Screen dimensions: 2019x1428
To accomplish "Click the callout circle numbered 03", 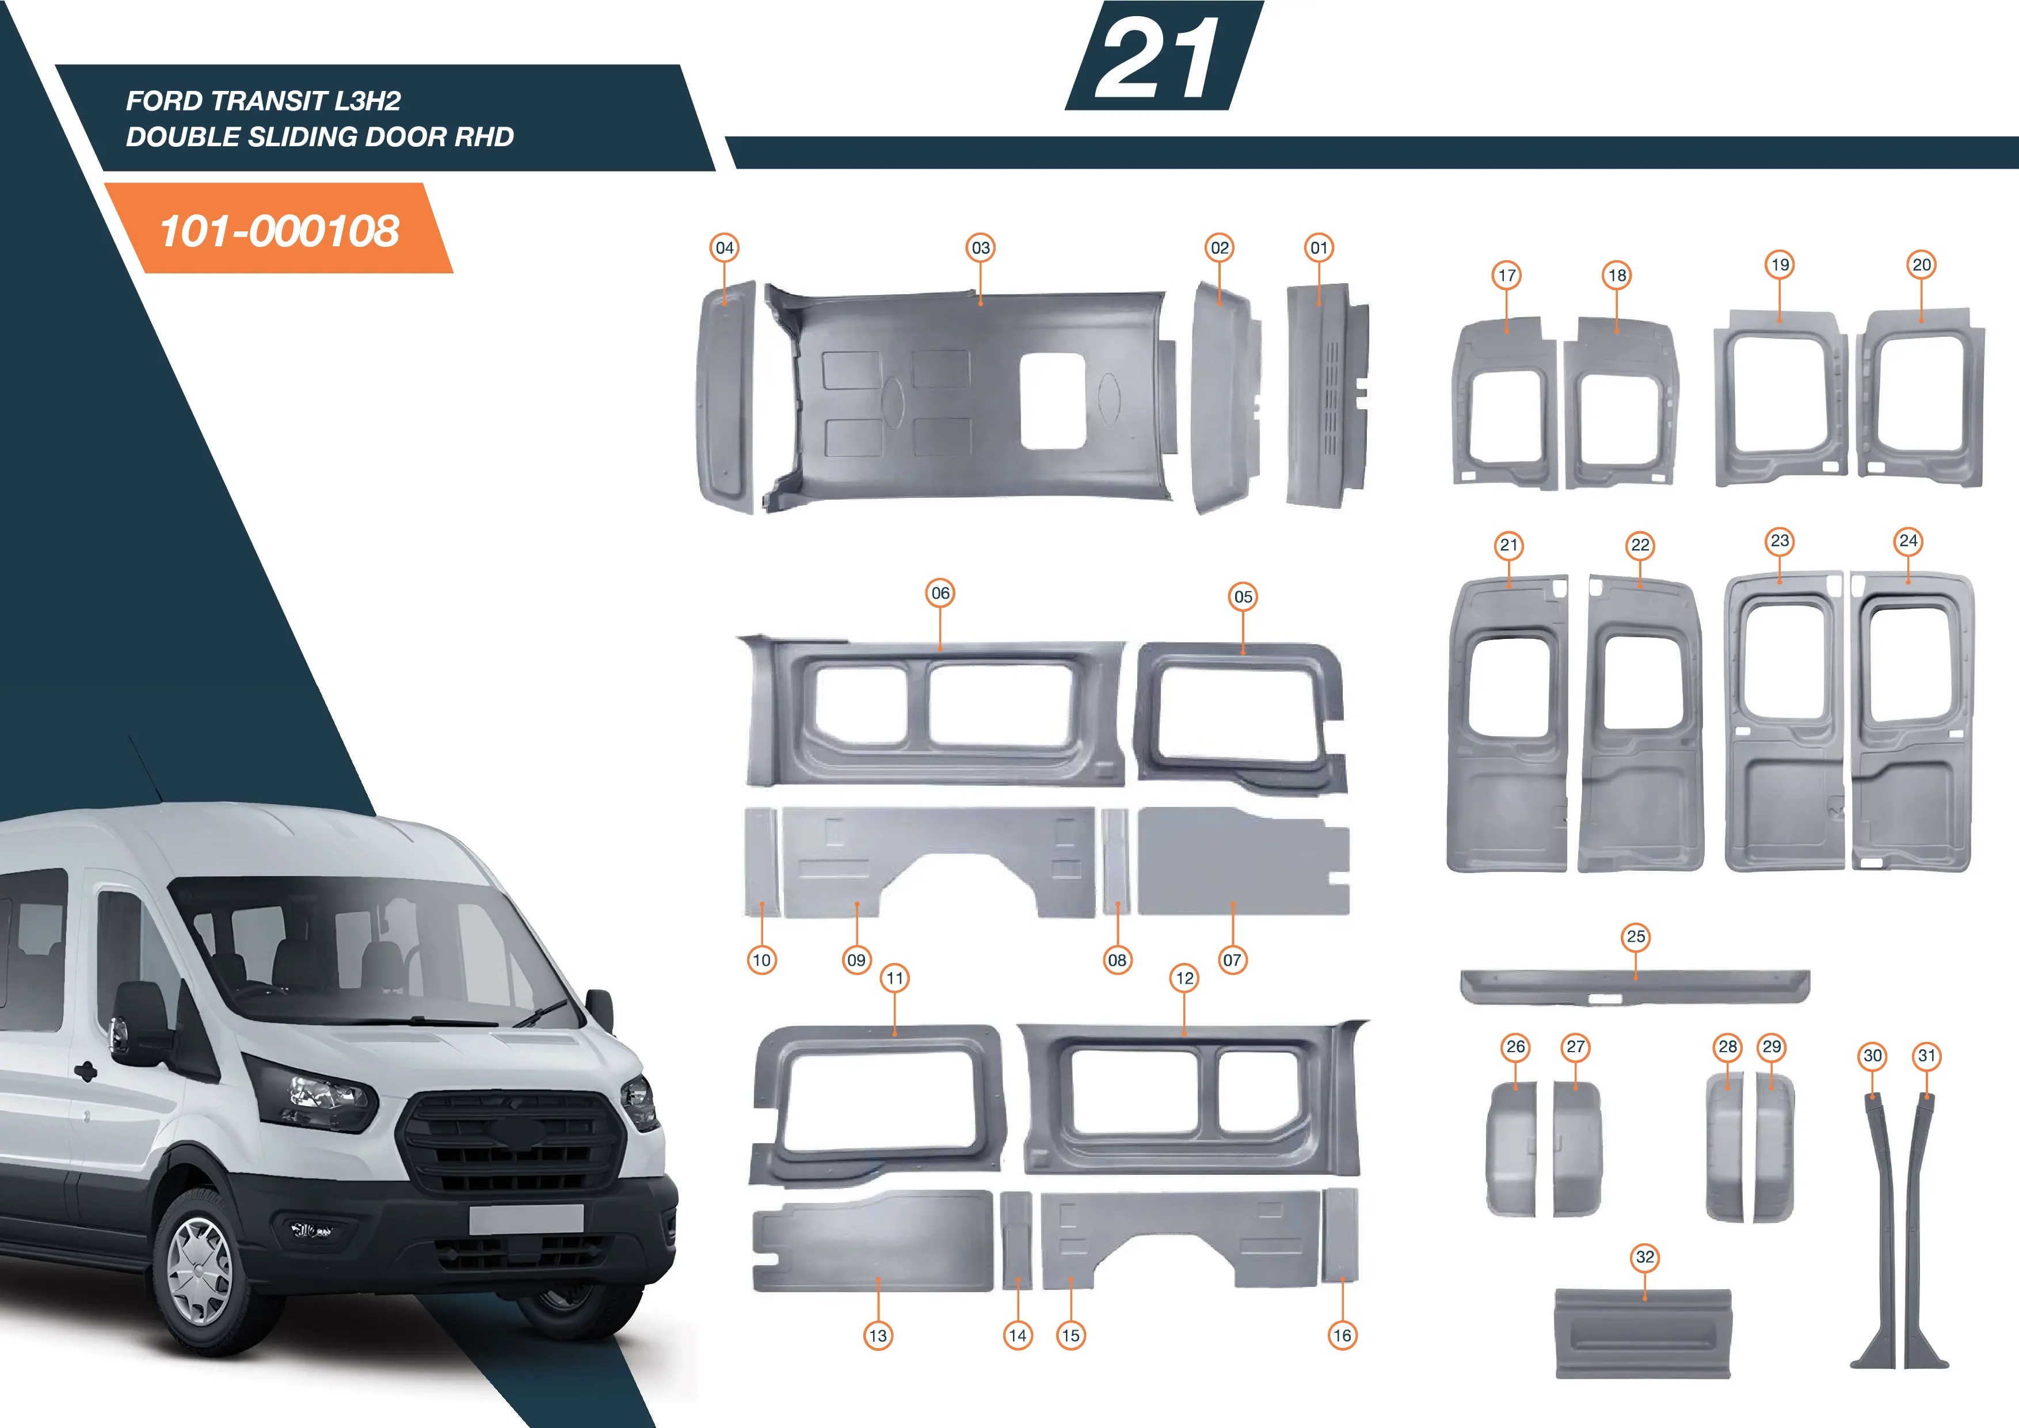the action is pyautogui.click(x=981, y=248).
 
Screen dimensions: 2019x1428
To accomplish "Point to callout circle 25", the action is pyautogui.click(x=1636, y=936).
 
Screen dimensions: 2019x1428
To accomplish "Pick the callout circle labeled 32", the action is pyautogui.click(x=1644, y=1258).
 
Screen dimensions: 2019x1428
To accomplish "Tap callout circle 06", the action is pyautogui.click(x=940, y=593).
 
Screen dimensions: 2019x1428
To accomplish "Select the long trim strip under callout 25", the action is pyautogui.click(x=1635, y=987).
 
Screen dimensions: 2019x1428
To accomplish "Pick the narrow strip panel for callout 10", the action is pyautogui.click(x=761, y=862).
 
